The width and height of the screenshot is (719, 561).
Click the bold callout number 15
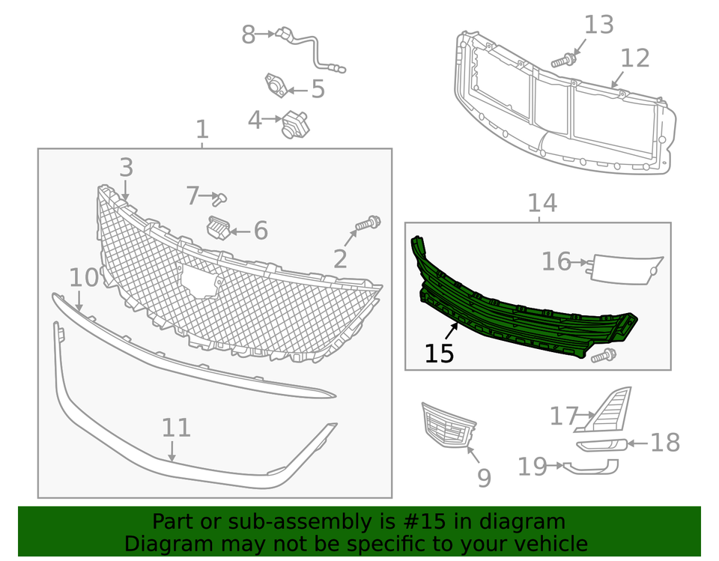pos(440,353)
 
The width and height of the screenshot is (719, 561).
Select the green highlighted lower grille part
pos(524,315)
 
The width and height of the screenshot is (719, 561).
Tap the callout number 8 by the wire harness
pos(248,34)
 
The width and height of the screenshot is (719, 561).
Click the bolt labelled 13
pos(563,59)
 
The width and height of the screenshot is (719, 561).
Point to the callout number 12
pos(635,58)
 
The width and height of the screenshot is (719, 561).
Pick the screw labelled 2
pos(368,222)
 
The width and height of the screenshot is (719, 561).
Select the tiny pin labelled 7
pos(219,198)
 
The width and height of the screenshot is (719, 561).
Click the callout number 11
pos(176,428)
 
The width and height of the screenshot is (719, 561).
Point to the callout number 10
pos(84,278)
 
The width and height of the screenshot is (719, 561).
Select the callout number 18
pos(665,443)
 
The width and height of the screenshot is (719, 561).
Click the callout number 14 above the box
pos(542,203)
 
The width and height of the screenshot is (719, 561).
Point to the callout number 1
pos(202,130)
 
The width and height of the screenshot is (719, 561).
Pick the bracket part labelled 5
pos(275,86)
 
